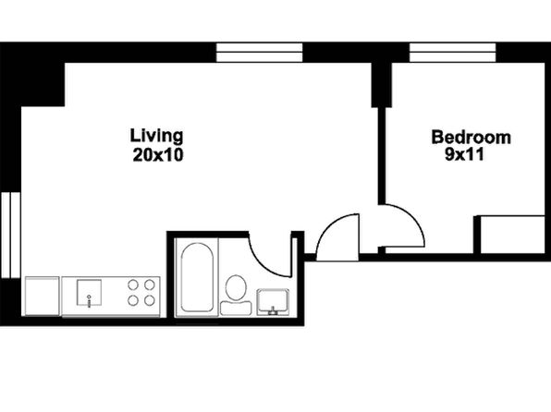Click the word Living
point(157,137)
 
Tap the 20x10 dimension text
point(158,155)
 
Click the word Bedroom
point(471,137)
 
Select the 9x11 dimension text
point(464,154)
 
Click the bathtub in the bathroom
point(197,277)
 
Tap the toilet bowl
point(236,287)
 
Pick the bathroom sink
point(273,302)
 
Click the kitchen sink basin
point(90,292)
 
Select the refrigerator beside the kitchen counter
point(43,297)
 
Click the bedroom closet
point(512,235)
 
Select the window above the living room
point(260,53)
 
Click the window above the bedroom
point(453,53)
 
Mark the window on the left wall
point(10,235)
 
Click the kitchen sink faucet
point(89,301)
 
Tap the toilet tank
point(236,308)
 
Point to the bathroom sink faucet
point(273,310)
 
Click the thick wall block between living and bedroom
point(382,85)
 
